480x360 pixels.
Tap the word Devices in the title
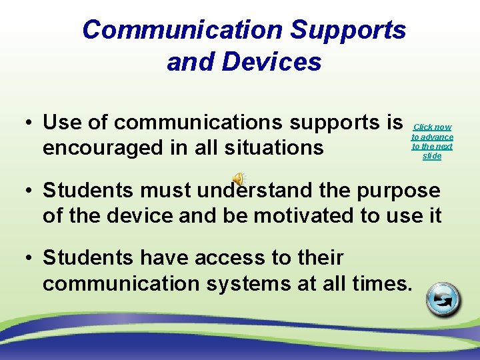click(273, 62)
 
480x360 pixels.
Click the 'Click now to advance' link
click(432, 141)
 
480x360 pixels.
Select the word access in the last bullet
click(229, 257)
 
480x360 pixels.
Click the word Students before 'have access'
click(86, 257)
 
